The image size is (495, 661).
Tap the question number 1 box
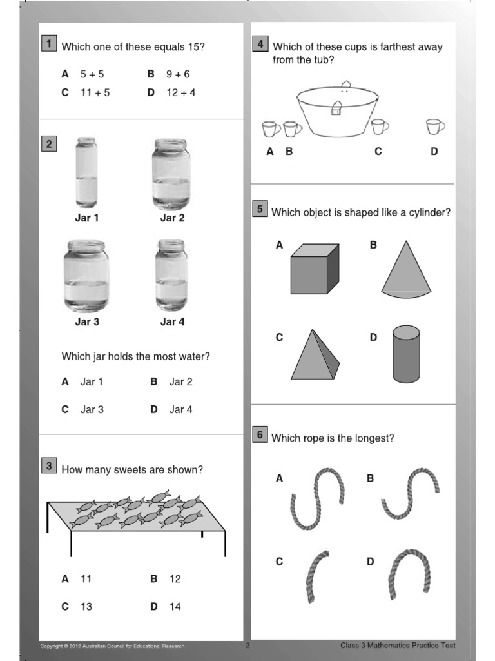coord(48,44)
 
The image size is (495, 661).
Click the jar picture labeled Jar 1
coord(86,173)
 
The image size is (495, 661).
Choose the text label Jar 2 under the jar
coord(172,218)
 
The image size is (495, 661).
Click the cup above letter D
coord(435,127)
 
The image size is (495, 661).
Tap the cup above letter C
coord(380,127)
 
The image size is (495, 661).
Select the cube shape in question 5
coord(315,269)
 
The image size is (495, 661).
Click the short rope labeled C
coord(315,576)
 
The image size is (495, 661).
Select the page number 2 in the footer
coord(247,645)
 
